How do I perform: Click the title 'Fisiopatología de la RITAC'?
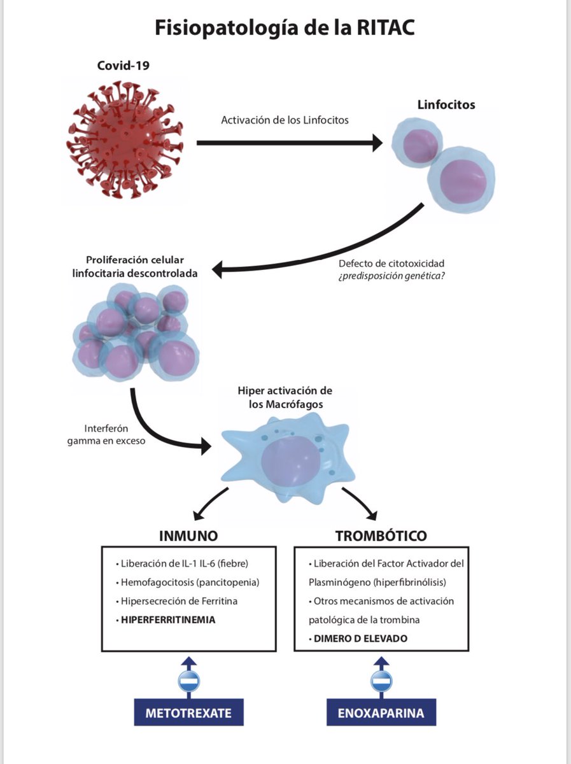coord(285,28)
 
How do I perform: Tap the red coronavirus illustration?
coord(125,140)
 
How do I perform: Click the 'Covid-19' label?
coord(123,66)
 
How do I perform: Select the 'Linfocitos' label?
coord(446,104)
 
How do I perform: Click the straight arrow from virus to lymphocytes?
coord(290,143)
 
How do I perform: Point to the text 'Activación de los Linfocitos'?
coord(285,120)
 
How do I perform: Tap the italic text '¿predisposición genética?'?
coord(391,276)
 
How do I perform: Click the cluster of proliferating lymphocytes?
coord(136,332)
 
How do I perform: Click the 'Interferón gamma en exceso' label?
coord(106,434)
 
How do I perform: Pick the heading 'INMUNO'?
coord(188,536)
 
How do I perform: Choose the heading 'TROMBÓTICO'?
coord(381,536)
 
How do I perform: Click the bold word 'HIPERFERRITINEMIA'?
coord(168,619)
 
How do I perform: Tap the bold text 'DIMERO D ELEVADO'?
coord(360,639)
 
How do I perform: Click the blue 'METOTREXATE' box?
coord(188,712)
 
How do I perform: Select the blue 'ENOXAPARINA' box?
coord(381,712)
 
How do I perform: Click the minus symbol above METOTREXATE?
coord(188,681)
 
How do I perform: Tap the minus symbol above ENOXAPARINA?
coord(381,681)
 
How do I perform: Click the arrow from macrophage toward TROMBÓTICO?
coord(362,500)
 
